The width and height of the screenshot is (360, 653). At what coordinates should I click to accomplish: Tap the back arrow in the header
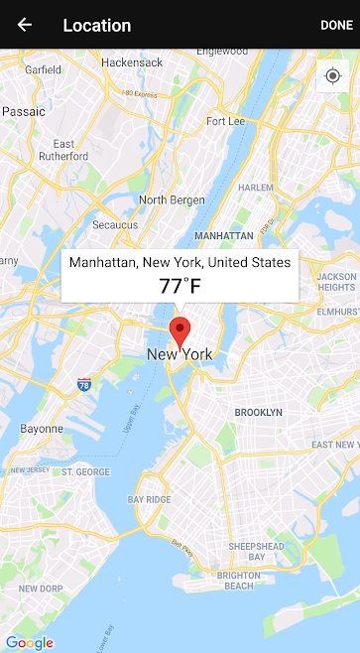(x=25, y=25)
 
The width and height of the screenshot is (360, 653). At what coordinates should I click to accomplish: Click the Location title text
(x=96, y=25)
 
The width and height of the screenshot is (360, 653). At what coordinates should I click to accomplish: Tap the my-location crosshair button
(x=331, y=76)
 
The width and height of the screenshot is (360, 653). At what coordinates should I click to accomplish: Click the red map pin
(x=180, y=331)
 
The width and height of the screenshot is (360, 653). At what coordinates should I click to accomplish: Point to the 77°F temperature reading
(x=180, y=286)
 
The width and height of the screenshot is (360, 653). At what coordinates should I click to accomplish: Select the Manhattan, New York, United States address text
(x=180, y=262)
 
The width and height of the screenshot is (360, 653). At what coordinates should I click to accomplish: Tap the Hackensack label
(x=131, y=63)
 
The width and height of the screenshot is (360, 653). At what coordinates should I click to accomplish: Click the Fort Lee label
(x=225, y=121)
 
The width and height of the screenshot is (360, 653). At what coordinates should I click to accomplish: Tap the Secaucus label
(x=115, y=225)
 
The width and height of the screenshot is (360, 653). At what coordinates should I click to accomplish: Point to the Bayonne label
(x=42, y=429)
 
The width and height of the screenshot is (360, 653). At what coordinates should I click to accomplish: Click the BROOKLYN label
(x=258, y=412)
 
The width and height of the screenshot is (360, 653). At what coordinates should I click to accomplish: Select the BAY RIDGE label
(x=149, y=499)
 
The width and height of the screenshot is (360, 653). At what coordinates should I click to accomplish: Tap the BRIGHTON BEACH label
(x=239, y=581)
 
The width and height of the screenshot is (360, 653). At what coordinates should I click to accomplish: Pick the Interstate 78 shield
(x=84, y=384)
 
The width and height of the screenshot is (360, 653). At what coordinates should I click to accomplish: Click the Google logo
(x=30, y=642)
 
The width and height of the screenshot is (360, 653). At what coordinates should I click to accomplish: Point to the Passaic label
(x=24, y=112)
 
